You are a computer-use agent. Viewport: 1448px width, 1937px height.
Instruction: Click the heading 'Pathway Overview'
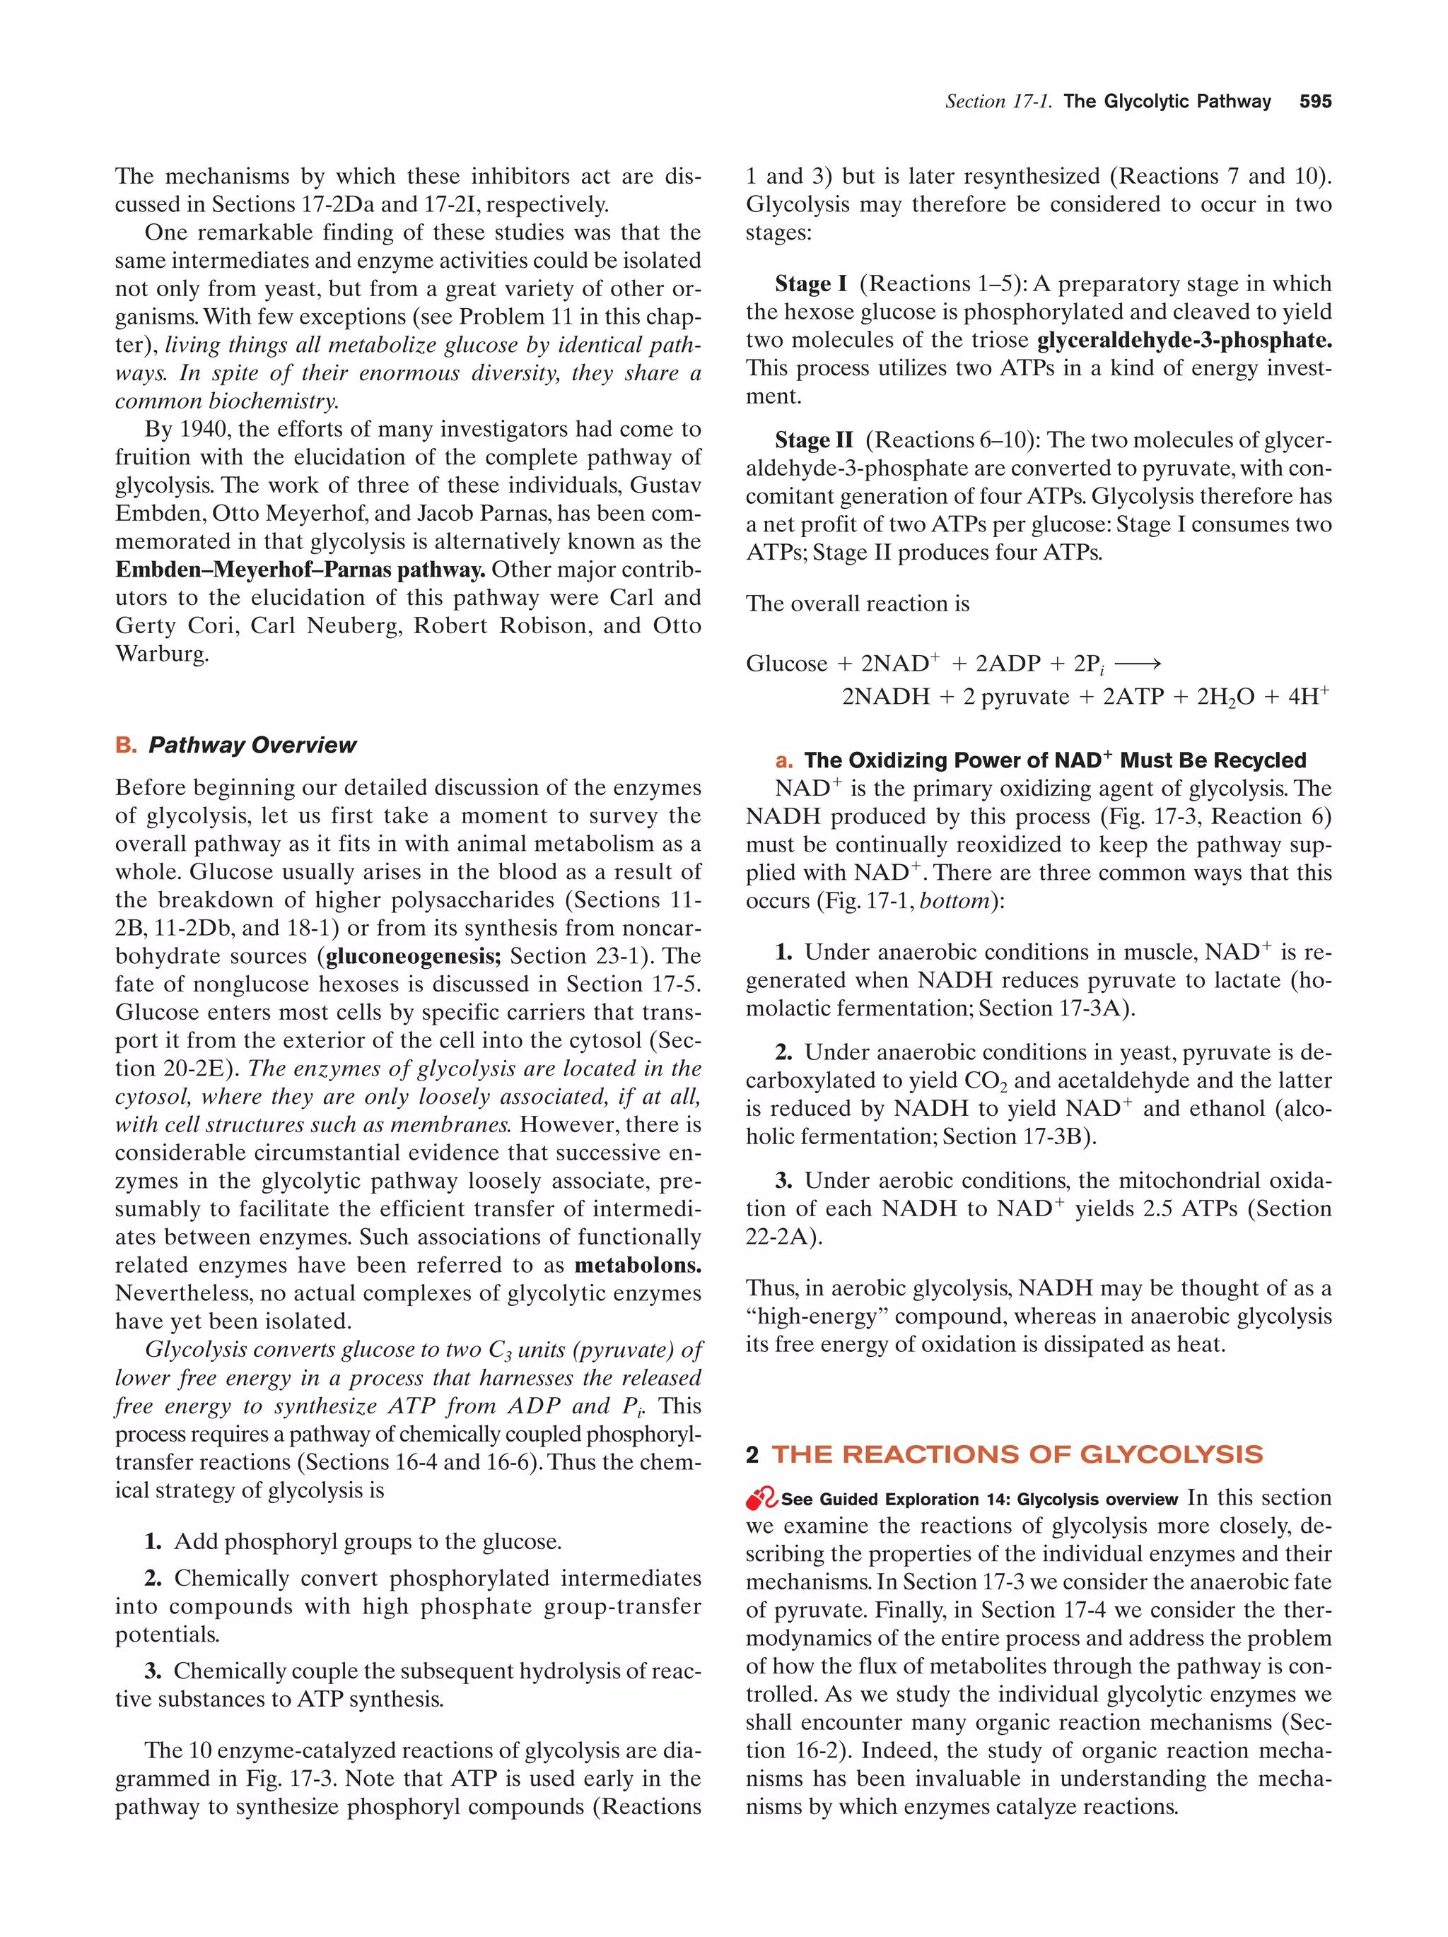click(252, 746)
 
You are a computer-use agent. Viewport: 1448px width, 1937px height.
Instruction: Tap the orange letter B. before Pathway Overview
click(126, 746)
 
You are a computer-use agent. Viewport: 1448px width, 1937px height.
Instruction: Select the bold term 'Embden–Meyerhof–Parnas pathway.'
click(300, 570)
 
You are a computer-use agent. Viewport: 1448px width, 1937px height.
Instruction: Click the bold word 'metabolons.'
click(638, 1266)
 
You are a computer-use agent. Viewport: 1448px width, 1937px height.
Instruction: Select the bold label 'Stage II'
click(813, 440)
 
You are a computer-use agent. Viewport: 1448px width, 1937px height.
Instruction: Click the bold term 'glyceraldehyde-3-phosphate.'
click(1184, 340)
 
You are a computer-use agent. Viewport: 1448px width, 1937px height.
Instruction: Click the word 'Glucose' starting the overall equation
click(786, 664)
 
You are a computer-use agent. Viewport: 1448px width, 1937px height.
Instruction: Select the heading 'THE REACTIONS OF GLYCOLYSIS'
click(1016, 1454)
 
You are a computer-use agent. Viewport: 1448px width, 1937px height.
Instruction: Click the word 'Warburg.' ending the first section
click(162, 654)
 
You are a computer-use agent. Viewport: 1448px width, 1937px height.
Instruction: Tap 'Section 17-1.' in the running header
click(998, 102)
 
